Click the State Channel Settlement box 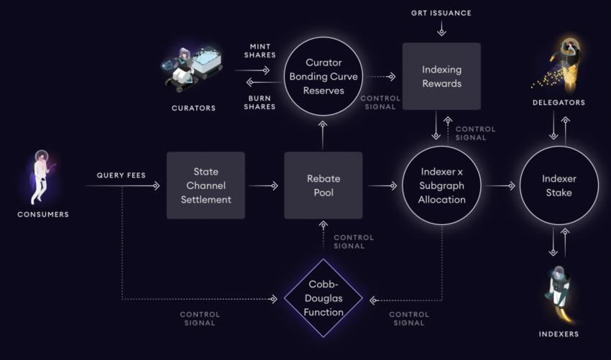click(206, 185)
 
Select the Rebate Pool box click(323, 185)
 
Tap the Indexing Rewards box click(441, 76)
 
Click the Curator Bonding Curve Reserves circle click(323, 76)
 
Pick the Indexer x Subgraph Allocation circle click(441, 185)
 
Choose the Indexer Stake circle click(559, 185)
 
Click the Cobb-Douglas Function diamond click(323, 297)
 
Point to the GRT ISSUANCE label click(441, 13)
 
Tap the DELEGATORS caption click(559, 103)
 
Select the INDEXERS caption click(559, 334)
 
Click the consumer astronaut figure click(42, 176)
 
